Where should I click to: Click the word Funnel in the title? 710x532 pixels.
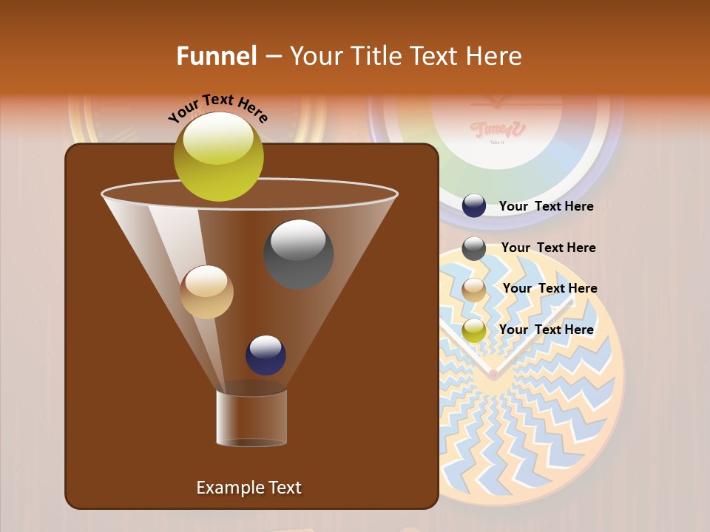pos(216,56)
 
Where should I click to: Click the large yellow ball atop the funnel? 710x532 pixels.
pos(218,156)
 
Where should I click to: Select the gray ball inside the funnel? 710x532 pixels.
pos(298,253)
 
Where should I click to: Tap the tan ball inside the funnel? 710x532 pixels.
pos(206,292)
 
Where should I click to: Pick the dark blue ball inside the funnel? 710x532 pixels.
pos(266,355)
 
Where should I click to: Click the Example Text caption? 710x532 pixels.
pos(248,488)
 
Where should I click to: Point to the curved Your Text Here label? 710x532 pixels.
pos(217,108)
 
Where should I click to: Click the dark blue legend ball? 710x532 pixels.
pos(474,206)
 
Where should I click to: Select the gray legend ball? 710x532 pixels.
pos(474,248)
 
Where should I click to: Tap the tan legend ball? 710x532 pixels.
pos(474,289)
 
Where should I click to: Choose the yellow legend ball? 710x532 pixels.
pos(474,330)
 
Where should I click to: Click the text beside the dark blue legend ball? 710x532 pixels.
pos(546,207)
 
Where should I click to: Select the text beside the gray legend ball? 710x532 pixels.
pos(548,248)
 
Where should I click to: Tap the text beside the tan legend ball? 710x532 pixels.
pos(550,289)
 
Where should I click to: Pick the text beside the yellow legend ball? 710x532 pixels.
pos(546,330)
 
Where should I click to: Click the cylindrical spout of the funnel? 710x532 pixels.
pos(251,417)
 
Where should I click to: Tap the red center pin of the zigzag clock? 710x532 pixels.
pos(493,375)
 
